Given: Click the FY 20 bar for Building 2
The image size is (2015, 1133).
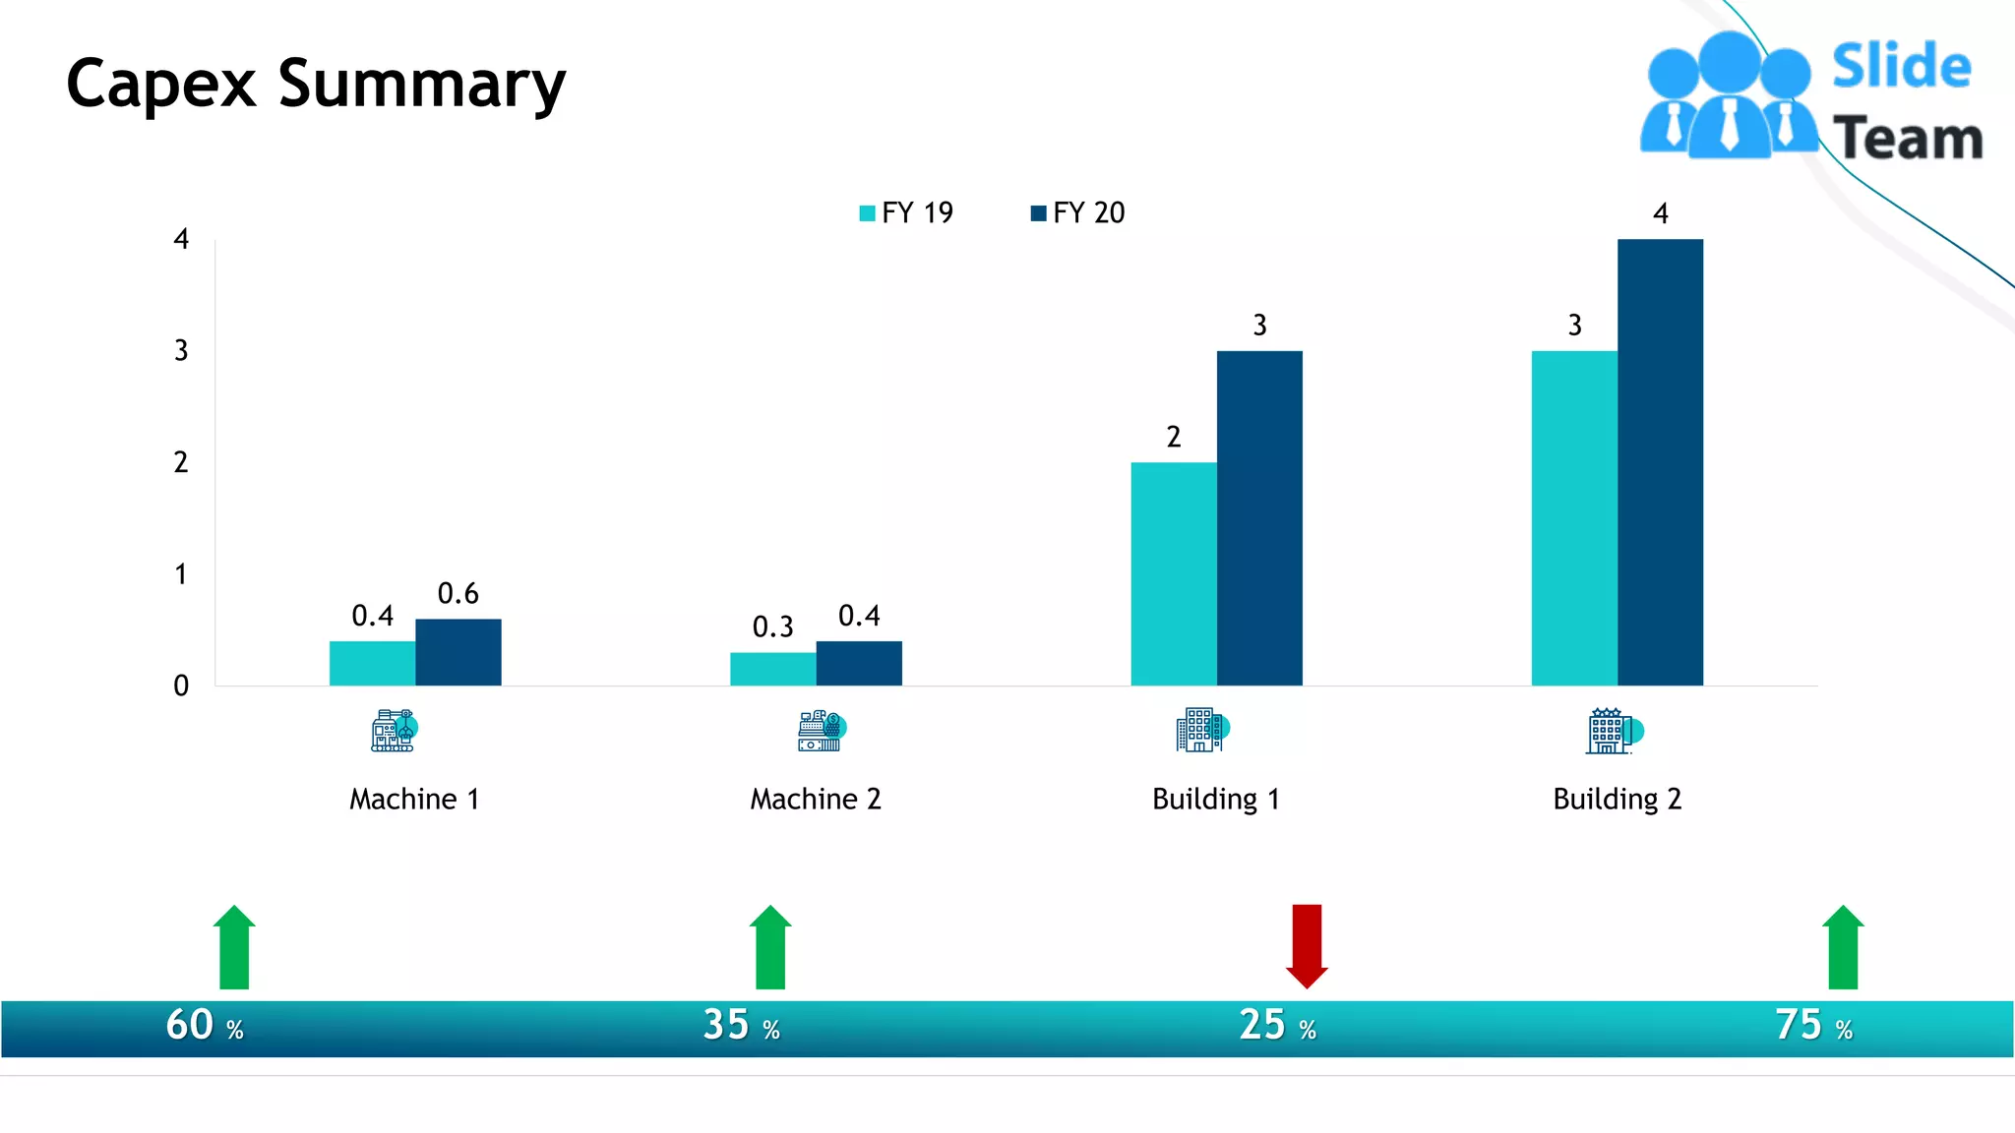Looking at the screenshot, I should (x=1660, y=462).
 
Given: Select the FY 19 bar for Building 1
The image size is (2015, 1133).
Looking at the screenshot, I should (x=1173, y=573).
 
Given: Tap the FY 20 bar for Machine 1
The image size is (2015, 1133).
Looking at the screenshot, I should (x=458, y=652).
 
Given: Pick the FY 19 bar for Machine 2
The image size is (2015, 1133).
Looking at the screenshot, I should (x=772, y=669).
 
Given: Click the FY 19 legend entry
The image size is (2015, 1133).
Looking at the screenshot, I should (x=906, y=212).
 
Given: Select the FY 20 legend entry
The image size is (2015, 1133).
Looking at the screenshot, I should (x=1077, y=212).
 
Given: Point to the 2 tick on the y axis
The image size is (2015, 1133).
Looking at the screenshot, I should (x=181, y=462).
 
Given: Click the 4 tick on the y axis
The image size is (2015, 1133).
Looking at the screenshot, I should (x=181, y=239).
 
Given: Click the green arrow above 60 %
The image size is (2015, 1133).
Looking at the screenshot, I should (x=234, y=946).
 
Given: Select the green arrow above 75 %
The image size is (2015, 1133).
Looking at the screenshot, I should (x=1843, y=946).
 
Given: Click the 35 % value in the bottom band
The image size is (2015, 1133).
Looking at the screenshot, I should (x=741, y=1025).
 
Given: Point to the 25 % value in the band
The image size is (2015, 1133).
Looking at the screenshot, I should (x=1277, y=1025).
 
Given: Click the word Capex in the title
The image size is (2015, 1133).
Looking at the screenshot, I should (x=161, y=85).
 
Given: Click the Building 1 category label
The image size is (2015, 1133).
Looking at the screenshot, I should (x=1215, y=799).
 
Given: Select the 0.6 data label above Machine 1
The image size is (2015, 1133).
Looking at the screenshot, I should (x=458, y=593).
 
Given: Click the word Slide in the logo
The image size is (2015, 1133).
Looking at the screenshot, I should (x=1901, y=67).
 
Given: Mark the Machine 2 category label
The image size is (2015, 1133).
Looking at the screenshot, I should (x=816, y=799).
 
